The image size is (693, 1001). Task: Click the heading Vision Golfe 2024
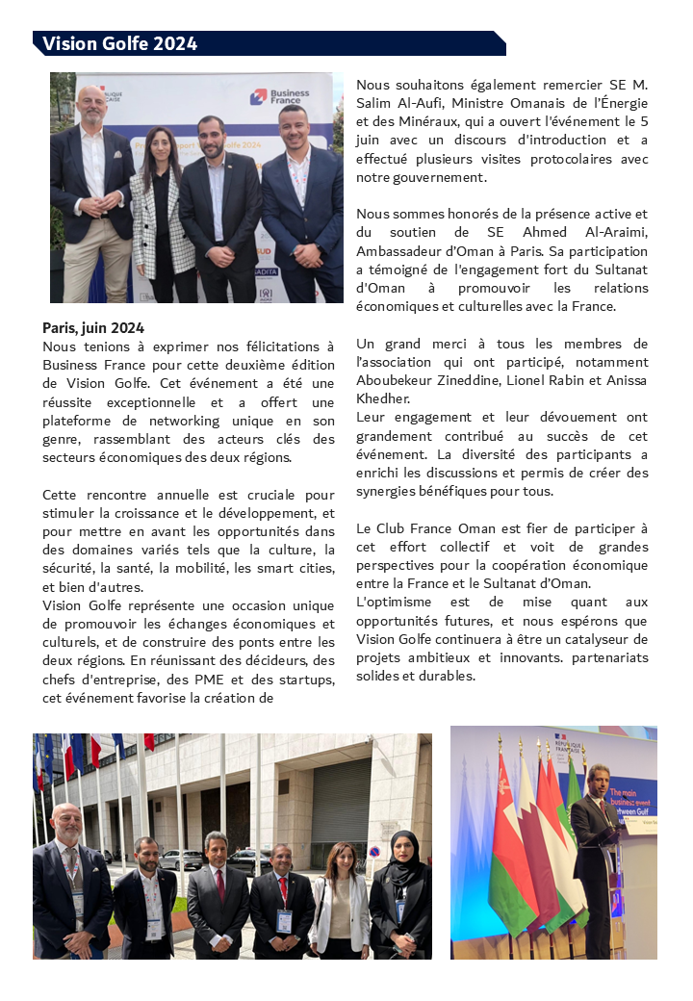[119, 43]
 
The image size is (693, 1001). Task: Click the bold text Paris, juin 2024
[93, 327]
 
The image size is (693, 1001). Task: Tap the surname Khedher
[382, 398]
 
